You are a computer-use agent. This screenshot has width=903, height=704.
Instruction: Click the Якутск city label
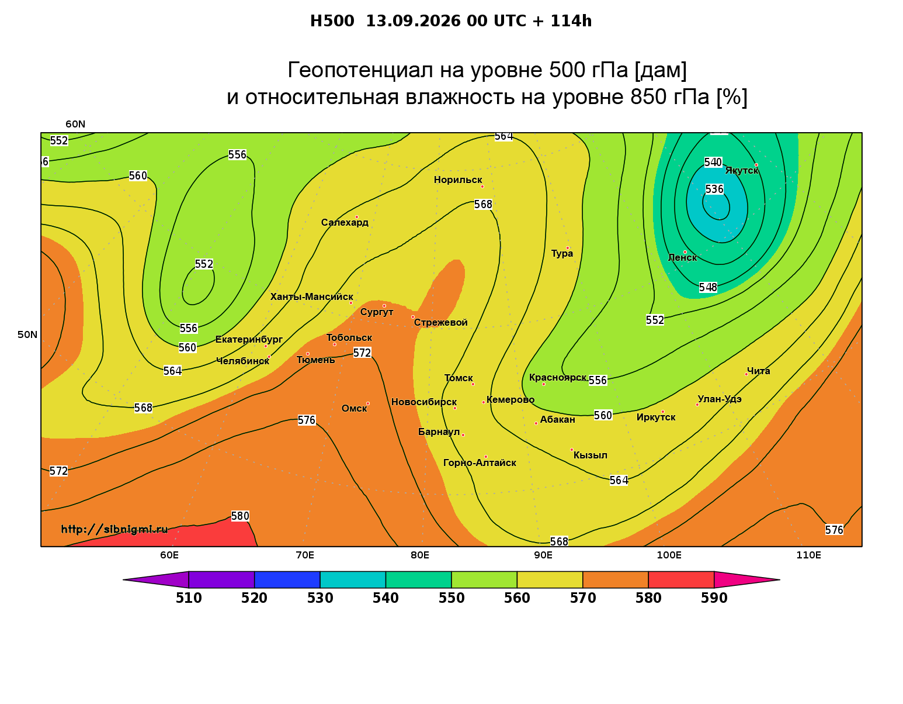tap(741, 171)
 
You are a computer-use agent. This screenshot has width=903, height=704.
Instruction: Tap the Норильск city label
tap(458, 180)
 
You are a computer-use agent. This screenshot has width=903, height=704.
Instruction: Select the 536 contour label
tap(714, 189)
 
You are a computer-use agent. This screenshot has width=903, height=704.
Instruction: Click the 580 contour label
tap(240, 516)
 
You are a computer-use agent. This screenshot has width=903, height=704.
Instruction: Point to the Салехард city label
tap(345, 222)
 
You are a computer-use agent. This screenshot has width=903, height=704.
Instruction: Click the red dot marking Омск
tap(368, 404)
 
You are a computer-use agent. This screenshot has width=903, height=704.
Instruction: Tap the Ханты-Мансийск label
tap(312, 296)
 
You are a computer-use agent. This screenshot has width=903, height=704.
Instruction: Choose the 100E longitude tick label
tap(669, 555)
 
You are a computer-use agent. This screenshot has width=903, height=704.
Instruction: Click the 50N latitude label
tap(27, 334)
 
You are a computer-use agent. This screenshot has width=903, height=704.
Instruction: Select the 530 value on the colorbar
tap(320, 598)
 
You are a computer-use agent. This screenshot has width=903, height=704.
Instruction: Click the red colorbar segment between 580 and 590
tap(681, 579)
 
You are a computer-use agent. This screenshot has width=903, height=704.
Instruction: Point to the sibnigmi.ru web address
tap(114, 529)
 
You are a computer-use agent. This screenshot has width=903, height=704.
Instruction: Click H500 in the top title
tap(332, 21)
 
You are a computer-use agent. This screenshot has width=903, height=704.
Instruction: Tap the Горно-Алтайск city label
tap(480, 463)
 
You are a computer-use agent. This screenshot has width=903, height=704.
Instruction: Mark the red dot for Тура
tap(568, 249)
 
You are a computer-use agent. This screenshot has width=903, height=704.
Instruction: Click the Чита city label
tap(758, 371)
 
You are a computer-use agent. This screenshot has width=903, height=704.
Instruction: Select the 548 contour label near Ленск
tap(708, 287)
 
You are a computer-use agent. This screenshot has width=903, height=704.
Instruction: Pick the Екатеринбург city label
tap(249, 339)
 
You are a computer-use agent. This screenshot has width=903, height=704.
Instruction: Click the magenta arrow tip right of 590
tap(780, 579)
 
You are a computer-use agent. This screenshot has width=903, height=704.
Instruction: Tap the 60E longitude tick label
tap(169, 555)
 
